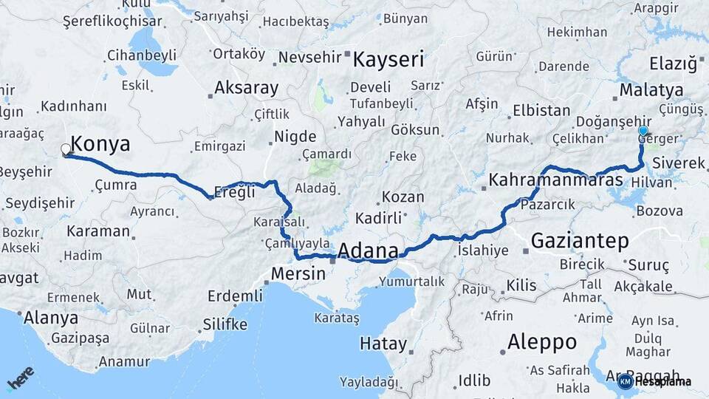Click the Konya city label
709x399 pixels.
[100, 144]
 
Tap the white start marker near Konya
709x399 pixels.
[66, 151]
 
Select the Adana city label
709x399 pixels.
[368, 250]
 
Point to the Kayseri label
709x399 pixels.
[388, 59]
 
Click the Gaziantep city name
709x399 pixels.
[580, 240]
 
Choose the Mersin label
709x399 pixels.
[298, 273]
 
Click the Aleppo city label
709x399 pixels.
[542, 342]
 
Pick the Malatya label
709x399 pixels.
[651, 90]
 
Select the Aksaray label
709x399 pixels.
[246, 89]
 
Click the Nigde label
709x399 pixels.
[295, 137]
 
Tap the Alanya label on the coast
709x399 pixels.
[50, 318]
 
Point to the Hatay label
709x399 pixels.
[383, 344]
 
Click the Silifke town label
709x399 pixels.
[225, 324]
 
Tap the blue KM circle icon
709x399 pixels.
[625, 381]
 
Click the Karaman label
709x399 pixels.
[97, 231]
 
